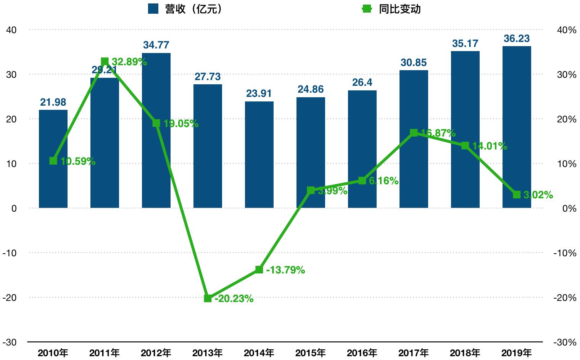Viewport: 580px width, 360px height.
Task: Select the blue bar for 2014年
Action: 259,154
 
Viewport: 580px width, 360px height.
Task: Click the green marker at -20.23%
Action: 208,298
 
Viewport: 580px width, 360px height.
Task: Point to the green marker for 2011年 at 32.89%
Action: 105,61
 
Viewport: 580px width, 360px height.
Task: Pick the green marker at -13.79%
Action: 259,270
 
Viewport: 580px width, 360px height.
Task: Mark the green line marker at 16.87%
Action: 414,133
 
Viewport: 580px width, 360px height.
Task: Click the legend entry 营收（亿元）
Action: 185,9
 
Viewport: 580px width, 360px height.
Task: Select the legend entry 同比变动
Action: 391,9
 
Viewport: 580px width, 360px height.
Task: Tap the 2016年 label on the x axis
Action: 362,353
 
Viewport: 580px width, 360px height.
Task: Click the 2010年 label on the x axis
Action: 53,353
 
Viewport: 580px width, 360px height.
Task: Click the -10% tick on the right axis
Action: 565,253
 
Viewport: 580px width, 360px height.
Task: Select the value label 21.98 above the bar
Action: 53,102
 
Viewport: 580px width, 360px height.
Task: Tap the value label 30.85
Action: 414,63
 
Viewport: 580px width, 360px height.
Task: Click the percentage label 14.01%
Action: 490,146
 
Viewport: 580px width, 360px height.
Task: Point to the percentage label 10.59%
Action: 78,162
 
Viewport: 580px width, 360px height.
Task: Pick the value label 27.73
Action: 208,77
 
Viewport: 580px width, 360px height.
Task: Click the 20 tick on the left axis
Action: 11,119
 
